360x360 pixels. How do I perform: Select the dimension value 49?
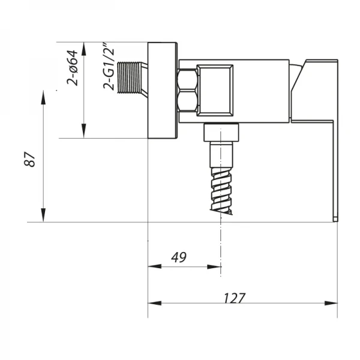pyautogui.click(x=178, y=257)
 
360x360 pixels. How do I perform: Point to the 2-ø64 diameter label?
pyautogui.click(x=73, y=67)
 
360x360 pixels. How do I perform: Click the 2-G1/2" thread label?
pyautogui.click(x=109, y=67)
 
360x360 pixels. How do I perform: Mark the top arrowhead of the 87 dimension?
pyautogui.click(x=44, y=95)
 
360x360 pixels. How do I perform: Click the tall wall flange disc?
pyautogui.click(x=163, y=91)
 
